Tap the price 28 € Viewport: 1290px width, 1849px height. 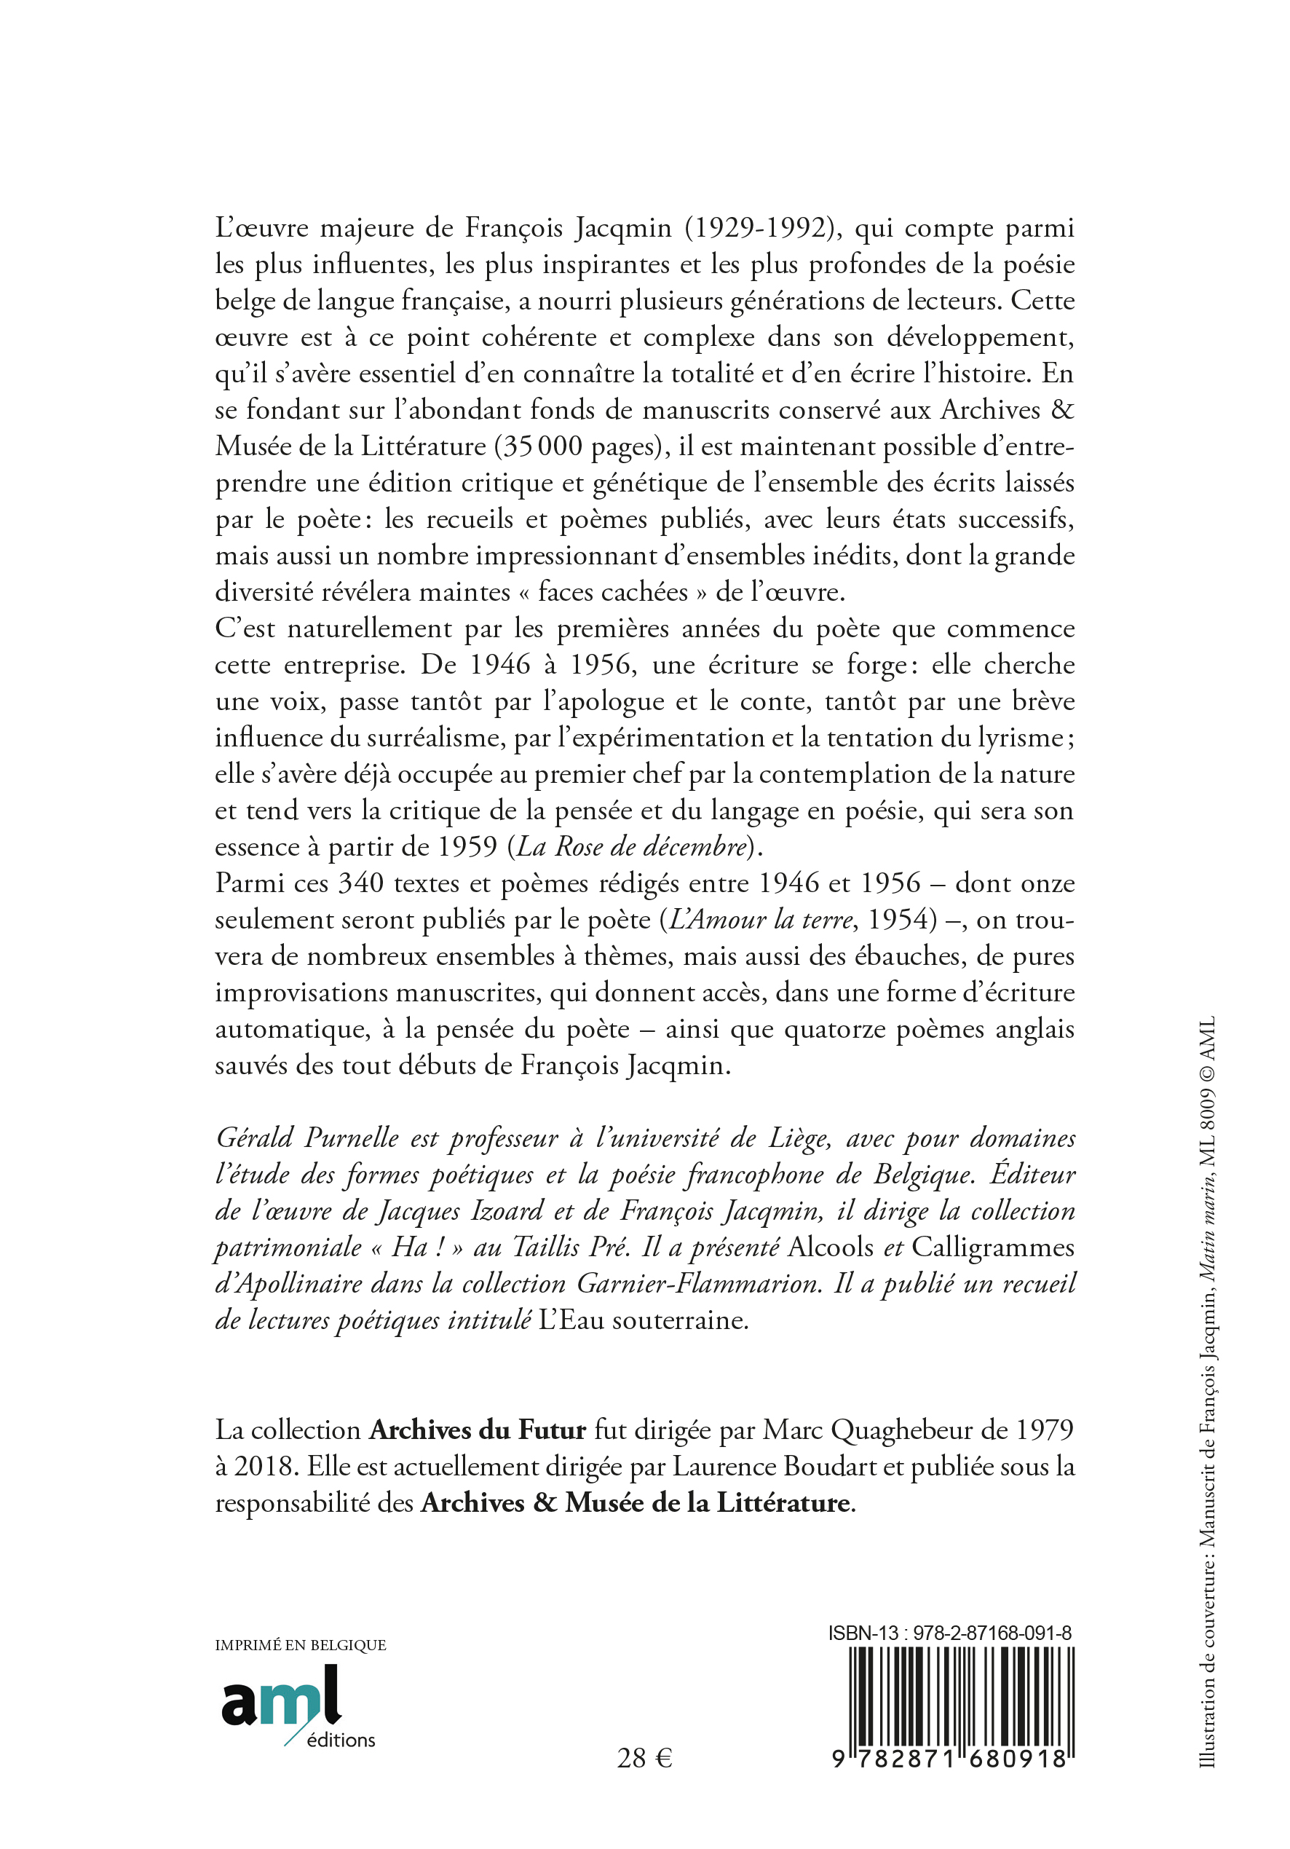[644, 1758]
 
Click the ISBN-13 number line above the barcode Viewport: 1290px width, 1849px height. [949, 1633]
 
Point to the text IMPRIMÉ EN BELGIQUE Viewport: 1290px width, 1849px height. [301, 1645]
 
